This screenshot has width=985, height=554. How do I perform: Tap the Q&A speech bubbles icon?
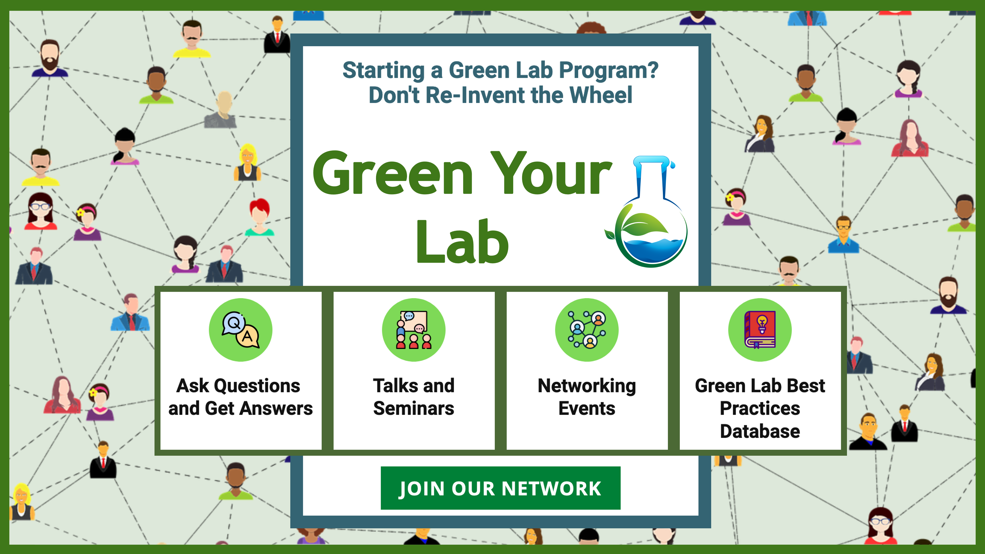pyautogui.click(x=241, y=330)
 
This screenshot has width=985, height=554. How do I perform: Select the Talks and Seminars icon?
pyautogui.click(x=414, y=330)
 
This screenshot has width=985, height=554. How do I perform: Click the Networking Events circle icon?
pyautogui.click(x=587, y=330)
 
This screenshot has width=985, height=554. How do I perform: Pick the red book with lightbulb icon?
pyautogui.click(x=760, y=330)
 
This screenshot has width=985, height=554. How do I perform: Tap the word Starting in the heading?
pyautogui.click(x=383, y=71)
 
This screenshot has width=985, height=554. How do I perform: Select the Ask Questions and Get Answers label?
pyautogui.click(x=241, y=397)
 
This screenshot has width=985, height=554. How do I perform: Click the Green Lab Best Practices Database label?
pyautogui.click(x=760, y=408)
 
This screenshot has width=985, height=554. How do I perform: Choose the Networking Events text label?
pyautogui.click(x=587, y=397)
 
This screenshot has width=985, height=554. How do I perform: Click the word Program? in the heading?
pyautogui.click(x=608, y=71)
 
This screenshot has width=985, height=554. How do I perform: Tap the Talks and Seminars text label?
pyautogui.click(x=414, y=397)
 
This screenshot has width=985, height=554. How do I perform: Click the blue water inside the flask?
pyautogui.click(x=652, y=250)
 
